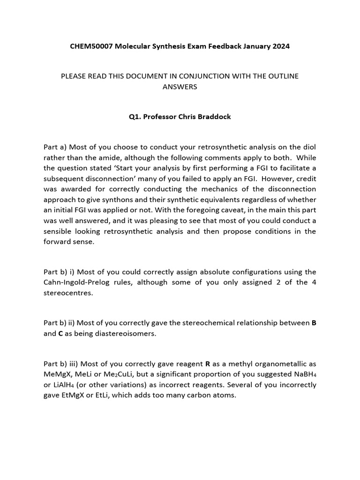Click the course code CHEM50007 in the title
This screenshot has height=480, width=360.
(89, 46)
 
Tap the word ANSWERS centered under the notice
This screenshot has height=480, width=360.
(180, 87)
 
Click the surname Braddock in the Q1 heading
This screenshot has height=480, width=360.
(214, 117)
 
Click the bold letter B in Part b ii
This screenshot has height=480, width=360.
(314, 323)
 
